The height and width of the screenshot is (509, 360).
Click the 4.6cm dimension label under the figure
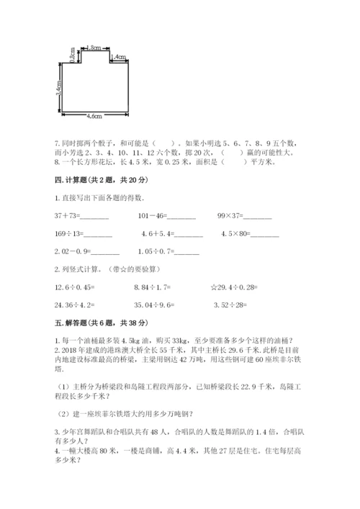coord(94,115)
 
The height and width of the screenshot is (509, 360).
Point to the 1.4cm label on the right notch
coord(120,57)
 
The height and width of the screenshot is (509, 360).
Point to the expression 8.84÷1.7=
coord(154,287)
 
